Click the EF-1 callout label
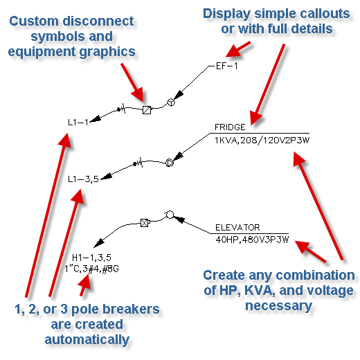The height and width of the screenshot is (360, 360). [x=226, y=66]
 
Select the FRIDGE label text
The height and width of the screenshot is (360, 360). [x=230, y=127]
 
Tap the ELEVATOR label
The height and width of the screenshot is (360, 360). [x=237, y=228]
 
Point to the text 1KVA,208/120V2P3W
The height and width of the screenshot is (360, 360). [x=262, y=141]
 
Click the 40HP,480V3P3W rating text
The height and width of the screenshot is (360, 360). [x=252, y=240]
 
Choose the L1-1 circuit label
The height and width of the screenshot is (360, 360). [x=78, y=123]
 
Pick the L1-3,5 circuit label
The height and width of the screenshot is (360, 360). [x=83, y=179]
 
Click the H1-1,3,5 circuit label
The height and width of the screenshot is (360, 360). [x=91, y=258]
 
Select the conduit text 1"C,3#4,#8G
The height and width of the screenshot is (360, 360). [x=91, y=269]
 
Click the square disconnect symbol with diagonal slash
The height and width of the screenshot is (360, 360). [x=147, y=110]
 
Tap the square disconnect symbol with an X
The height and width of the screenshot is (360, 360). [x=145, y=223]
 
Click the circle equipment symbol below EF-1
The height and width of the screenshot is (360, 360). [x=171, y=102]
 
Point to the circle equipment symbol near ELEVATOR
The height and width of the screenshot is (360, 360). [x=170, y=215]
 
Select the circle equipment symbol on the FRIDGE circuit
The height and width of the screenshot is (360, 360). [x=170, y=163]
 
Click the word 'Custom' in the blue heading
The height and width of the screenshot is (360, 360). [x=34, y=21]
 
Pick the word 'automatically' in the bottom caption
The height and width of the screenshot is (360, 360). [x=87, y=340]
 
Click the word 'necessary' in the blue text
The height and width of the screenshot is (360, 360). [x=278, y=306]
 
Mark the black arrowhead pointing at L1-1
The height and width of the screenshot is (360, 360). [x=95, y=118]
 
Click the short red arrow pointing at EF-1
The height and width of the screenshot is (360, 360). [x=238, y=49]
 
